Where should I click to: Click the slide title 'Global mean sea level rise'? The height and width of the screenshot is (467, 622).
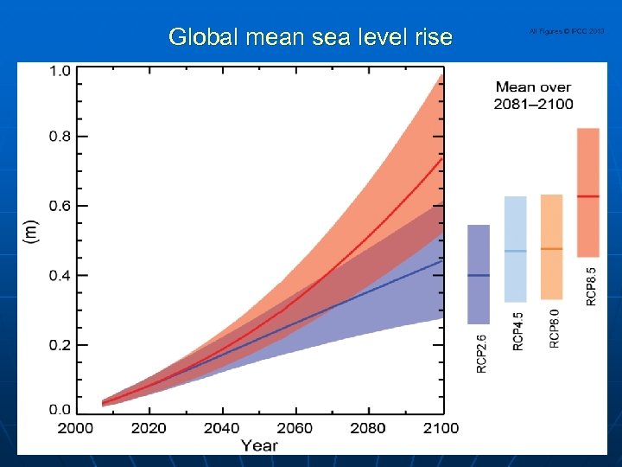[310, 36]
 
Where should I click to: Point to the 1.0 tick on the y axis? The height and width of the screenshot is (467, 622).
[60, 71]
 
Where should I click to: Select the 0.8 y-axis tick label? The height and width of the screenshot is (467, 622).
[60, 137]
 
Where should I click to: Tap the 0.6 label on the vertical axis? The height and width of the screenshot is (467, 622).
[60, 206]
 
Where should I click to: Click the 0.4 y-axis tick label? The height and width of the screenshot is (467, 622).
[60, 275]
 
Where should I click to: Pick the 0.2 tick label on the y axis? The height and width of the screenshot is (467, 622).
[60, 345]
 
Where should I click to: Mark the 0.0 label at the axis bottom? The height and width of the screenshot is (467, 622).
[60, 408]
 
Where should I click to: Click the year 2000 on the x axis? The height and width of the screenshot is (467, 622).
[75, 428]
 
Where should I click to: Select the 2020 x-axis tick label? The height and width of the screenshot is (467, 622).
[149, 428]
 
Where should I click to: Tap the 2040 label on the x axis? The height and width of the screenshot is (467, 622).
[222, 428]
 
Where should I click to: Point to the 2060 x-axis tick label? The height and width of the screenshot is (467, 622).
[295, 428]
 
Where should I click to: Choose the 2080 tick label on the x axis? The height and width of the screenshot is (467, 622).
[368, 428]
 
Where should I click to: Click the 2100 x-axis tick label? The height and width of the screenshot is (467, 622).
[441, 428]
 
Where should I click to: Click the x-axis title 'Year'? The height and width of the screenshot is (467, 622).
[259, 445]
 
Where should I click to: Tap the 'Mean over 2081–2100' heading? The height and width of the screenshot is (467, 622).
[533, 95]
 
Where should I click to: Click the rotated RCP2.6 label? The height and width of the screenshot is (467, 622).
[481, 354]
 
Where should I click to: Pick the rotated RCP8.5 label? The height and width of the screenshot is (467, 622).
[591, 286]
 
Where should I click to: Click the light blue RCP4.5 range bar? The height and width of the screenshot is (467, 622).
[515, 249]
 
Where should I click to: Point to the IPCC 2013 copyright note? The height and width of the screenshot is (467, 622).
[567, 31]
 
